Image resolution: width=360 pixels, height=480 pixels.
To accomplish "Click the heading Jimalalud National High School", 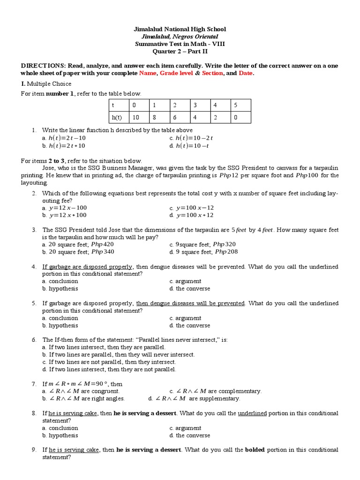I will [x=180, y=30].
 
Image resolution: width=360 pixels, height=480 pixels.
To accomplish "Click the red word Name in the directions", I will [x=148, y=73].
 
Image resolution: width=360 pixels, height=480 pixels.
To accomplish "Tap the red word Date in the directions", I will [x=246, y=73].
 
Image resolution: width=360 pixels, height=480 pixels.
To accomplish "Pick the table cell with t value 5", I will [x=241, y=105].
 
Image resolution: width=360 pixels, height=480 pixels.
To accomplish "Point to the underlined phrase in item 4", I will [x=88, y=267].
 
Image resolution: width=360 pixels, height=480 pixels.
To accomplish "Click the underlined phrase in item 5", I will [x=190, y=303].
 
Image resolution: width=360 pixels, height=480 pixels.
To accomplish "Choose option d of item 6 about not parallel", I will [x=109, y=369].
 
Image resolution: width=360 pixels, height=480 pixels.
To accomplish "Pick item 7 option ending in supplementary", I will [x=194, y=398].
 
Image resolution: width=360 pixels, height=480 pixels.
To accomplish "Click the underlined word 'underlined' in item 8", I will [x=252, y=413].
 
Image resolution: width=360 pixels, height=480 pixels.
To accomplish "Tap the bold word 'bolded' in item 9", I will [x=254, y=450].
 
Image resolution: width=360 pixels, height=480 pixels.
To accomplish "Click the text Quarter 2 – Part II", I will [x=180, y=51].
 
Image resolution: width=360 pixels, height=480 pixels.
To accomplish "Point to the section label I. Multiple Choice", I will [x=46, y=83].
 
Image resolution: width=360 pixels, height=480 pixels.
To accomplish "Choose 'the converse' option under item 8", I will [x=190, y=435].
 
